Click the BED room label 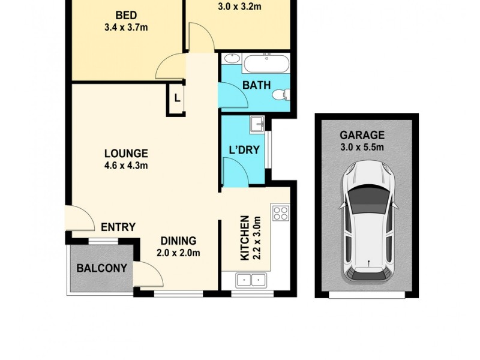[x=127, y=14]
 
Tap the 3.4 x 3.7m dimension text [x=127, y=26]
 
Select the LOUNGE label [x=125, y=154]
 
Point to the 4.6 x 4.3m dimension [x=125, y=166]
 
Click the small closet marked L [x=176, y=98]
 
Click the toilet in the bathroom [x=281, y=95]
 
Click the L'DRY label [x=244, y=149]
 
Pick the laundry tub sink [x=258, y=124]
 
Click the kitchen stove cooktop [x=280, y=212]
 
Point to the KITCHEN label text [x=245, y=239]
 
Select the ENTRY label [x=118, y=227]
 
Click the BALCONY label [x=102, y=268]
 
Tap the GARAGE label [x=362, y=135]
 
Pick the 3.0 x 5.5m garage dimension [x=362, y=147]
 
